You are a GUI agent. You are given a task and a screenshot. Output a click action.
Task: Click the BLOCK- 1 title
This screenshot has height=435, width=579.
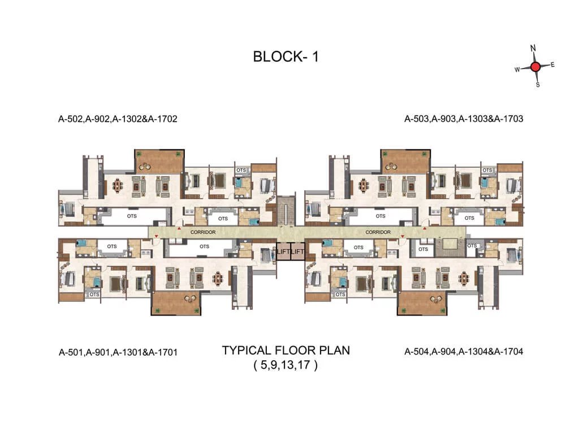[286, 57]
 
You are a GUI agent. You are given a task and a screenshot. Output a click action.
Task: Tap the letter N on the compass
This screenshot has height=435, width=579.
[533, 49]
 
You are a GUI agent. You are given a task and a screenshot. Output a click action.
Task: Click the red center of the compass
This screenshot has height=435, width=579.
[535, 66]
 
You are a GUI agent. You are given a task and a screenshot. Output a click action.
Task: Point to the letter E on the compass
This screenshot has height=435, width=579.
[552, 65]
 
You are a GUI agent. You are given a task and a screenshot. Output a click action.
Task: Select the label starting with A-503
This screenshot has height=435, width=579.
[464, 119]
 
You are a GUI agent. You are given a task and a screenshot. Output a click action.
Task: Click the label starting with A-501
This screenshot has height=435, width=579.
[118, 352]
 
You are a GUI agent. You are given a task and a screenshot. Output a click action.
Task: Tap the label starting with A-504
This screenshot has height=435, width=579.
[464, 351]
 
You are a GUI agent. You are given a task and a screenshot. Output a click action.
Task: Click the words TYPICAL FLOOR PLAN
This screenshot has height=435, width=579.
[286, 350]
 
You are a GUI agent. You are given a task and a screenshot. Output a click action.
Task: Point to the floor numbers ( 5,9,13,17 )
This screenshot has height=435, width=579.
[286, 365]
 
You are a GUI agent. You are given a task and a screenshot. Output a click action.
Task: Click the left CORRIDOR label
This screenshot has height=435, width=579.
[203, 232]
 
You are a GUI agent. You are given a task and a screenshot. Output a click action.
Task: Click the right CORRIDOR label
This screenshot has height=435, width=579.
[378, 232]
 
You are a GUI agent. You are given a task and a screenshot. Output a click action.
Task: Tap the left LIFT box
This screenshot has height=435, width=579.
[283, 251]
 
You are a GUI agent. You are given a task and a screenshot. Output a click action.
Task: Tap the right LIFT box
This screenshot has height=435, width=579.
[297, 251]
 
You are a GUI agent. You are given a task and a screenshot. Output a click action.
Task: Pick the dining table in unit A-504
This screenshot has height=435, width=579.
[464, 278]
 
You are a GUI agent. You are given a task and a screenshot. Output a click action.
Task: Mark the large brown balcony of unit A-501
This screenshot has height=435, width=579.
[176, 302]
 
